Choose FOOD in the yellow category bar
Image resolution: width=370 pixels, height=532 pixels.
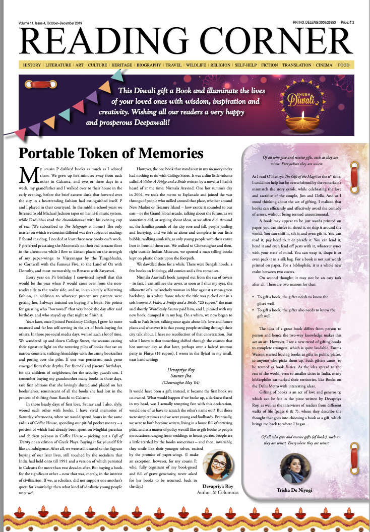click(x=343, y=65)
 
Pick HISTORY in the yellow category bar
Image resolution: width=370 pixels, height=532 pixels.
click(x=32, y=65)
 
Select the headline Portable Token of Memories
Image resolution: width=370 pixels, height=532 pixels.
click(x=111, y=153)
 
